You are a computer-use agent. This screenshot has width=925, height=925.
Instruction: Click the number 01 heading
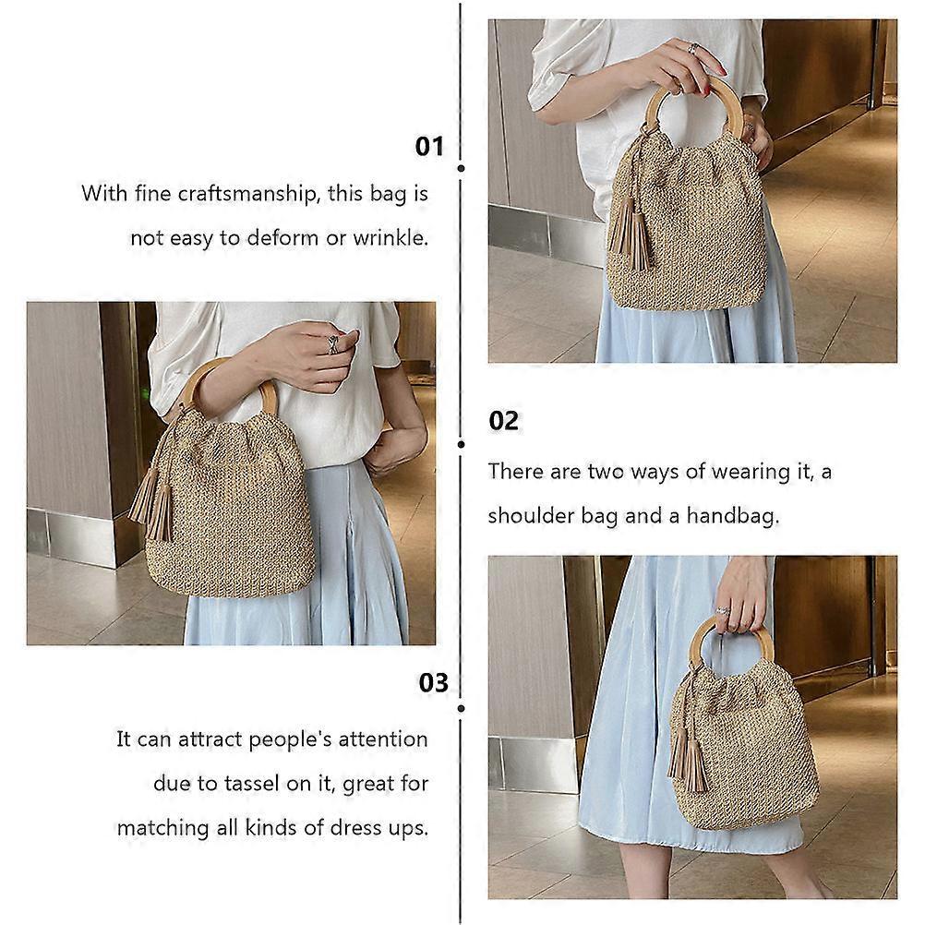coord(429,146)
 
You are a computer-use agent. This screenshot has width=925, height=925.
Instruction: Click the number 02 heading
coord(503,421)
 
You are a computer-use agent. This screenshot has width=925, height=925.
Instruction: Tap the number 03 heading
coord(433,682)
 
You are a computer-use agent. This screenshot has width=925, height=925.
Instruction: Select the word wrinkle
coord(390,238)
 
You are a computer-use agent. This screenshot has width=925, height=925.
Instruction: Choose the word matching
coord(162,828)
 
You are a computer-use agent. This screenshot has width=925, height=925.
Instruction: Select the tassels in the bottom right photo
coord(688,760)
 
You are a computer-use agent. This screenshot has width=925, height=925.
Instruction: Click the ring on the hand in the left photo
coord(333,344)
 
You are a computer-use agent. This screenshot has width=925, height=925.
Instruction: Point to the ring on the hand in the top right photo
coord(693,48)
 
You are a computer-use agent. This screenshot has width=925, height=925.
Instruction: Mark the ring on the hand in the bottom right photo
coord(723,611)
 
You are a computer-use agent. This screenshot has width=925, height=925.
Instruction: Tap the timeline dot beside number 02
coord(462,444)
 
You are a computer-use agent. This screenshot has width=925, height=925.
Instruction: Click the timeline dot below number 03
coord(462,708)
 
